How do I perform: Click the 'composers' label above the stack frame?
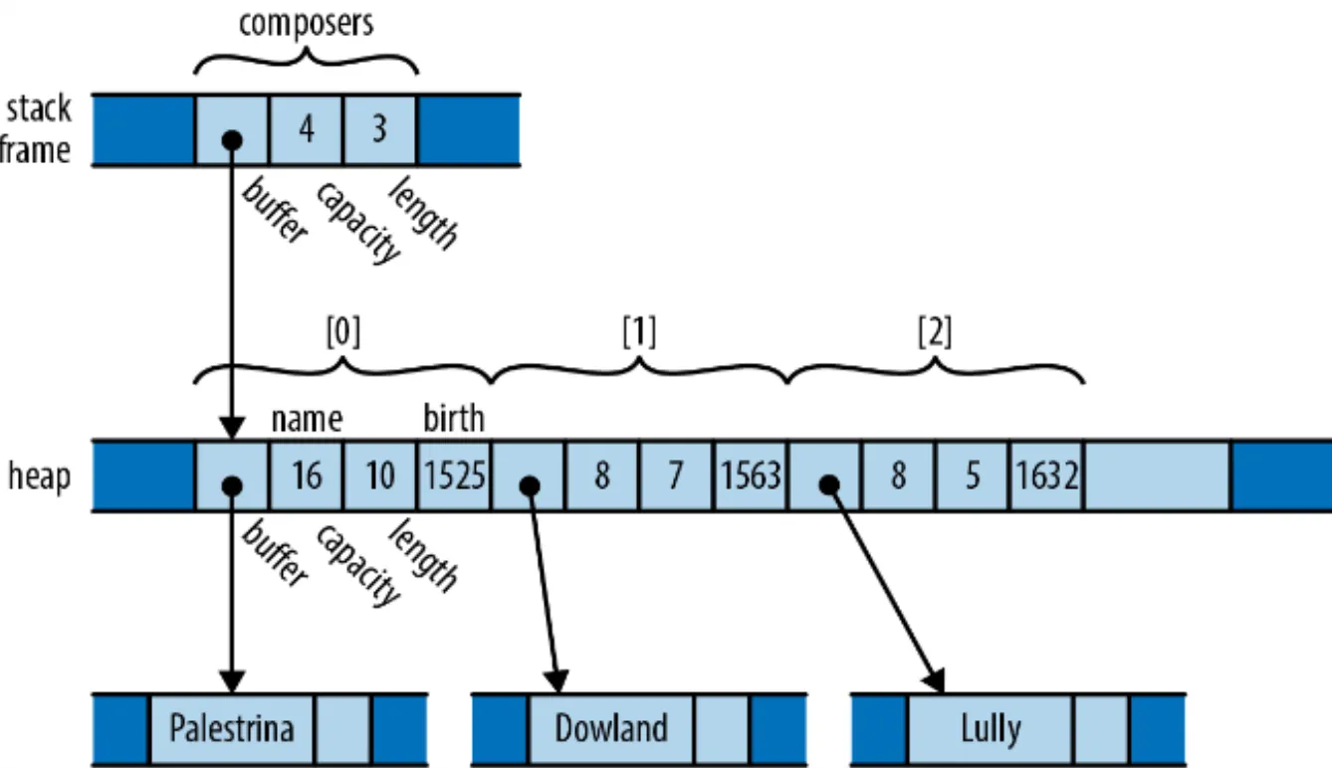tap(307, 24)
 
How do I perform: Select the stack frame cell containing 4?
tap(307, 129)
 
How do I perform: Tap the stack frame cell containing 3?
tap(380, 129)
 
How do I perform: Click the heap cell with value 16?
tap(307, 476)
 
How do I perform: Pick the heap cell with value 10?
tap(380, 476)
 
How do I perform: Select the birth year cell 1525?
tap(454, 476)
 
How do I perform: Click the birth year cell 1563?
tap(751, 476)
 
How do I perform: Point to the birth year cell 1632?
tap(1046, 476)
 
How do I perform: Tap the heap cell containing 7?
tap(676, 476)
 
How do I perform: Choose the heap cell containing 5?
tap(973, 476)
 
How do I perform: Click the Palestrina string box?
tap(232, 729)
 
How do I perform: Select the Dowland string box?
tap(611, 729)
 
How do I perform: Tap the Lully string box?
tap(991, 729)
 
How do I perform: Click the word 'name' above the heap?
tap(307, 420)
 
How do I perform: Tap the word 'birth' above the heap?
tap(454, 418)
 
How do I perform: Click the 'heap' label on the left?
tap(39, 477)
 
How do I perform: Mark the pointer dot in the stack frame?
tap(232, 141)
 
